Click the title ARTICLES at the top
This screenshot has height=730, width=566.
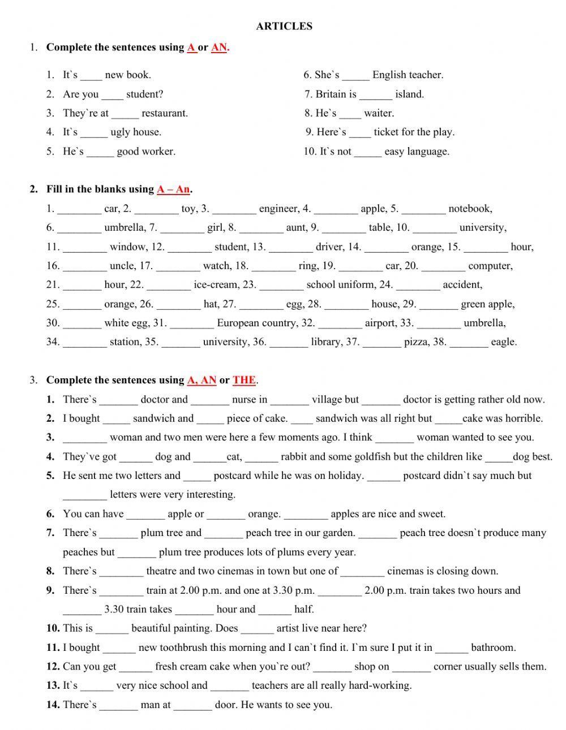[284, 26]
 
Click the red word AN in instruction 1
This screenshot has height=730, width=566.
[219, 47]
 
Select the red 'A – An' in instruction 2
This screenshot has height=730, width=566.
[174, 189]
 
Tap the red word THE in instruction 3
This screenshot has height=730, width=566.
[244, 380]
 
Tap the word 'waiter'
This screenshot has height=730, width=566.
[379, 113]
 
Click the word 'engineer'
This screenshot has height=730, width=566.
[279, 209]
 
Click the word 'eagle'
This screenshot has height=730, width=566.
[503, 342]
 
